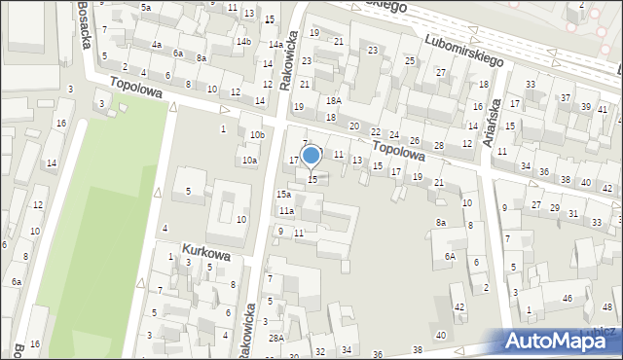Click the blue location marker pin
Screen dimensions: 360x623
point(311,156)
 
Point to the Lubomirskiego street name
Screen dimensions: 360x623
point(464,48)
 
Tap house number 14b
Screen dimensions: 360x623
point(243,42)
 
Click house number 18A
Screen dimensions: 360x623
point(334,101)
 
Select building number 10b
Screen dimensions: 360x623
point(257,134)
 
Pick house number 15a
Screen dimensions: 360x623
point(283,196)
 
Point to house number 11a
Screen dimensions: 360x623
point(286,210)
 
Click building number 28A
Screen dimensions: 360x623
point(277,338)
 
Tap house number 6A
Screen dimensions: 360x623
point(450,256)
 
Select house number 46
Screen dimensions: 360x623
point(567,299)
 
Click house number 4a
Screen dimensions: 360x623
point(156,45)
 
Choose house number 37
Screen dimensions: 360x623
point(566,98)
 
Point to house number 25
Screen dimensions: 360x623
point(410,61)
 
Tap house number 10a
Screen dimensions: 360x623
point(250,160)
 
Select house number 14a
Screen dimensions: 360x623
point(276,45)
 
